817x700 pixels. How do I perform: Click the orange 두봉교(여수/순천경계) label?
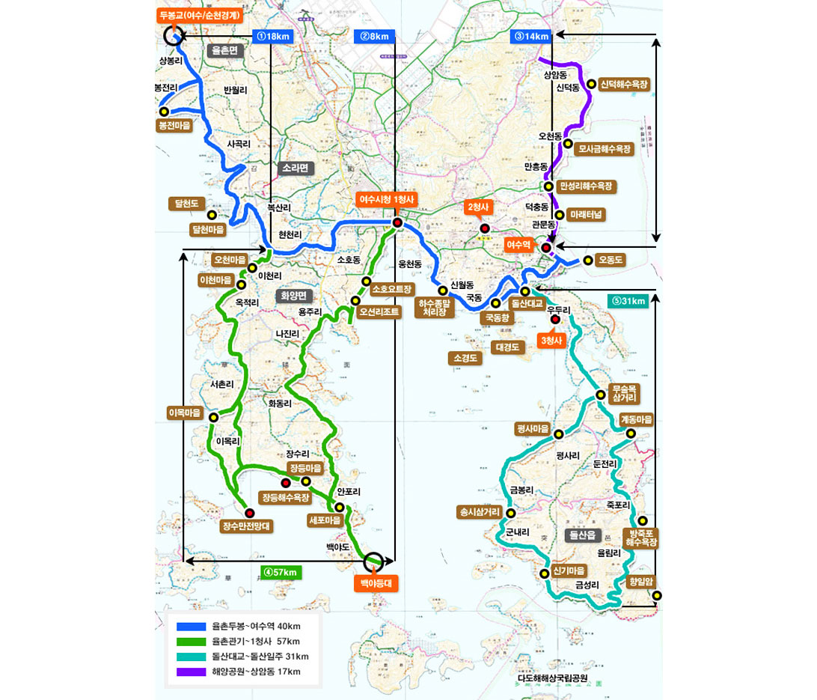click(x=198, y=14)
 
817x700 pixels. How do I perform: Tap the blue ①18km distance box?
click(x=272, y=35)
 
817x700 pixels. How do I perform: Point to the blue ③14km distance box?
click(x=531, y=35)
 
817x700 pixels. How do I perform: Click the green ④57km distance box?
click(x=281, y=572)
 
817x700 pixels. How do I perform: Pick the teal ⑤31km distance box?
click(x=628, y=301)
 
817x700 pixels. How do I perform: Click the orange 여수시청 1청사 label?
click(x=386, y=199)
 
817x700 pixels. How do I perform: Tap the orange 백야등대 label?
click(x=376, y=582)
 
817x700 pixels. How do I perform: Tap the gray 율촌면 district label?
click(x=224, y=50)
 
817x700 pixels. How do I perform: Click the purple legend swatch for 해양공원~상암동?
click(x=190, y=672)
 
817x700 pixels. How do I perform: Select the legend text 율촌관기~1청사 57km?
click(x=256, y=642)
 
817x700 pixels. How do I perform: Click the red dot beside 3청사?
click(x=555, y=320)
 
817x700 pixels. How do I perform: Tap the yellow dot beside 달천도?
click(x=212, y=215)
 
